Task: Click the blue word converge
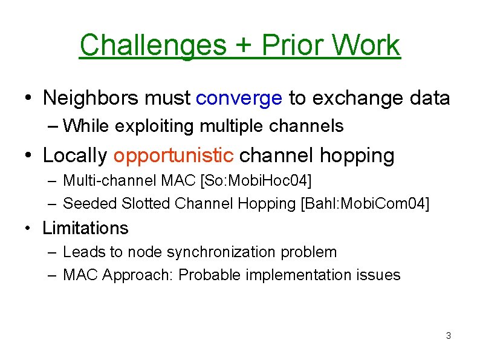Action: click(239, 97)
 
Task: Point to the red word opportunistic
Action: click(174, 155)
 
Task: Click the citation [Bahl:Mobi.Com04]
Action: click(365, 203)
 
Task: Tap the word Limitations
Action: click(85, 228)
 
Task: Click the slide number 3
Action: click(448, 335)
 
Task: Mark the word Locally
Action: click(74, 155)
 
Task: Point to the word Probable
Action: click(207, 275)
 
